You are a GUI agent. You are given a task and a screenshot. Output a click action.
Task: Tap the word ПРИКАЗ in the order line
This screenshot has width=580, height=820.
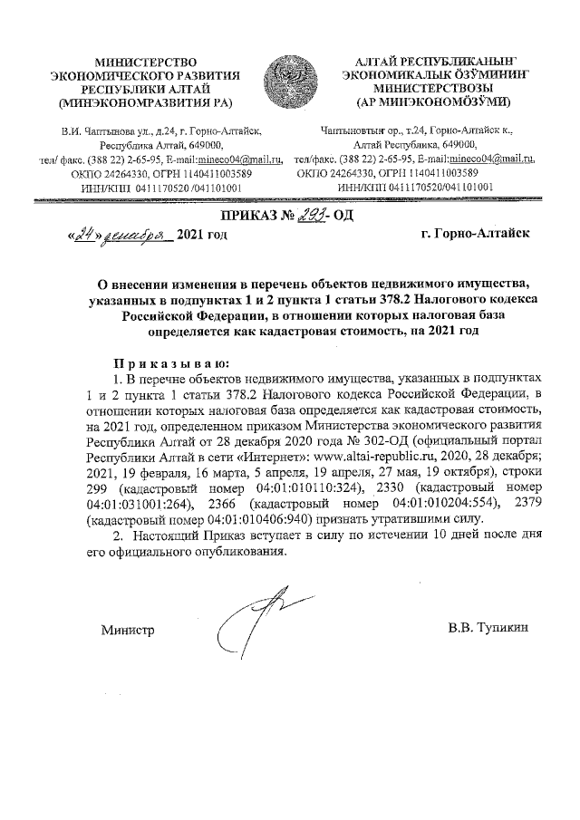tap(250, 216)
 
